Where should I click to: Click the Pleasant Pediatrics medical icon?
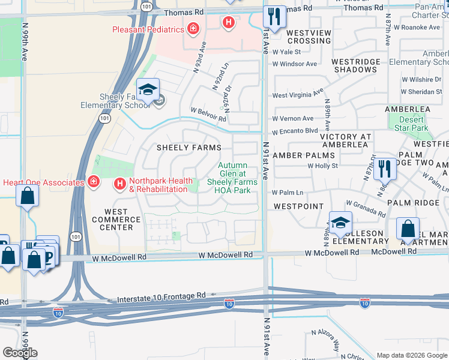pyautogui.click(x=193, y=28)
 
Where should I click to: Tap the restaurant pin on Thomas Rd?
pyautogui.click(x=274, y=16)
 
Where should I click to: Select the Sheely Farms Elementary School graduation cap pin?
pyautogui.click(x=148, y=90)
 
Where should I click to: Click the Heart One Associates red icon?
pyautogui.click(x=93, y=182)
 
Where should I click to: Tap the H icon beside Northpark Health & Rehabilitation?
pyautogui.click(x=119, y=183)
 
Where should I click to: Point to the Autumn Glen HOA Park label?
pyautogui.click(x=232, y=178)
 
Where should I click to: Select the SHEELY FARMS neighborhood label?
pyautogui.click(x=188, y=148)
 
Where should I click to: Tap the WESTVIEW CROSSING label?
pyautogui.click(x=309, y=37)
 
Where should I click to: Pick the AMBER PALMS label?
pyautogui.click(x=303, y=155)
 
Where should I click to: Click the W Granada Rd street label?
pyautogui.click(x=366, y=208)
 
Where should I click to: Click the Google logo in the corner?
pyautogui.click(x=20, y=353)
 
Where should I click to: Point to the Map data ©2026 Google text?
pyautogui.click(x=412, y=355)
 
